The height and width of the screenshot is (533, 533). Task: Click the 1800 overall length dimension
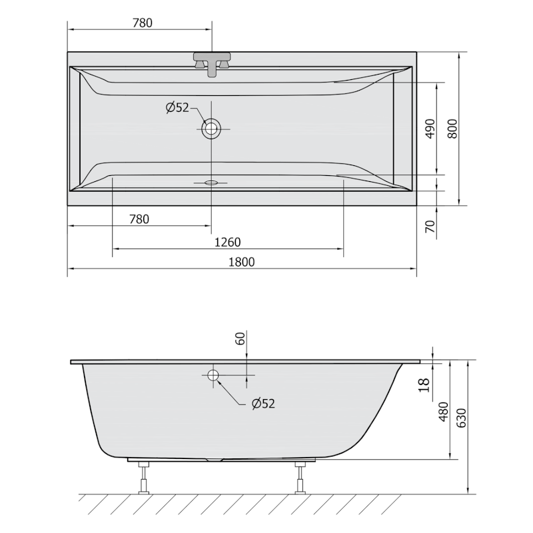[242, 262]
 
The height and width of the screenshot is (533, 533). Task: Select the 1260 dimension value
[227, 242]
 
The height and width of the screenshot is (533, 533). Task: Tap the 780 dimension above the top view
[143, 23]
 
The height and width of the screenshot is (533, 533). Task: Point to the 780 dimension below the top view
[139, 219]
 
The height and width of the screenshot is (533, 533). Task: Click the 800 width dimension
[452, 129]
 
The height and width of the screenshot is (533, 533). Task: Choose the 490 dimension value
[430, 129]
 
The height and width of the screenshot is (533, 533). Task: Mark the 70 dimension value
[430, 227]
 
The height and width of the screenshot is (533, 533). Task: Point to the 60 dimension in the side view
[241, 338]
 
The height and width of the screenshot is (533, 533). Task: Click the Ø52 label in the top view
[178, 107]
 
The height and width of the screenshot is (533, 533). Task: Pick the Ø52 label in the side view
[263, 403]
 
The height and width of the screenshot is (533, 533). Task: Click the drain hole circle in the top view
[211, 129]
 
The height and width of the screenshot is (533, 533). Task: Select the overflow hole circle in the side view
[213, 376]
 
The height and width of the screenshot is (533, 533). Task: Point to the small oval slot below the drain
[211, 181]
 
